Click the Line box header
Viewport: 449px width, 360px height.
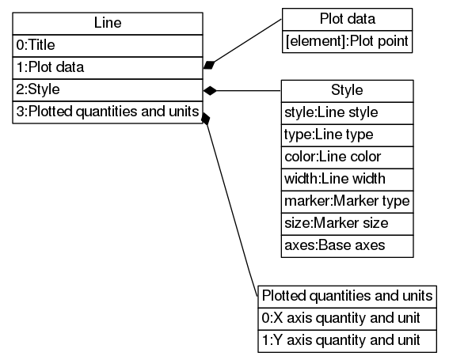pos(107,24)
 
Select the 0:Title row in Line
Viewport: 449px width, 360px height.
pos(107,46)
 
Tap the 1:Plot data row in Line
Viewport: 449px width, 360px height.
pos(107,68)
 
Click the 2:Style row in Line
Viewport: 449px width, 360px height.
pos(107,90)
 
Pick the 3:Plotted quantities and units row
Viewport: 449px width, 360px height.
pos(107,112)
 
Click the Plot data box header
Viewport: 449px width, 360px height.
pos(348,19)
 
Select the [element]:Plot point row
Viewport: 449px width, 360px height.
pos(348,41)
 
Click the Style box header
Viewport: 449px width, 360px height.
pos(348,90)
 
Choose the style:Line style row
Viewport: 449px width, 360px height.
pos(348,112)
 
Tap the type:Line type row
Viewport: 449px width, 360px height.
pos(348,135)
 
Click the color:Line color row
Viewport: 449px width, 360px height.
pos(348,157)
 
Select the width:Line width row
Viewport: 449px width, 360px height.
pos(348,179)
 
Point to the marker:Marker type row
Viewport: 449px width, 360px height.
pos(348,201)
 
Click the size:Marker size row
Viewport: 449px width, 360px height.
pos(348,223)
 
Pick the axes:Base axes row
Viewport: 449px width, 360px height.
pos(348,245)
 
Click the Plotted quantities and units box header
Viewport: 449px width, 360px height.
pos(348,296)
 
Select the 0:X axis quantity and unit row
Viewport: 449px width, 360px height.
pos(348,318)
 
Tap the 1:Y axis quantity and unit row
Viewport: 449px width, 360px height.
pos(348,340)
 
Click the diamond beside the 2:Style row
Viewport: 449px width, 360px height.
pos(210,90)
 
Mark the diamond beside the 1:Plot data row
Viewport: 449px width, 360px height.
pos(210,64)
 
